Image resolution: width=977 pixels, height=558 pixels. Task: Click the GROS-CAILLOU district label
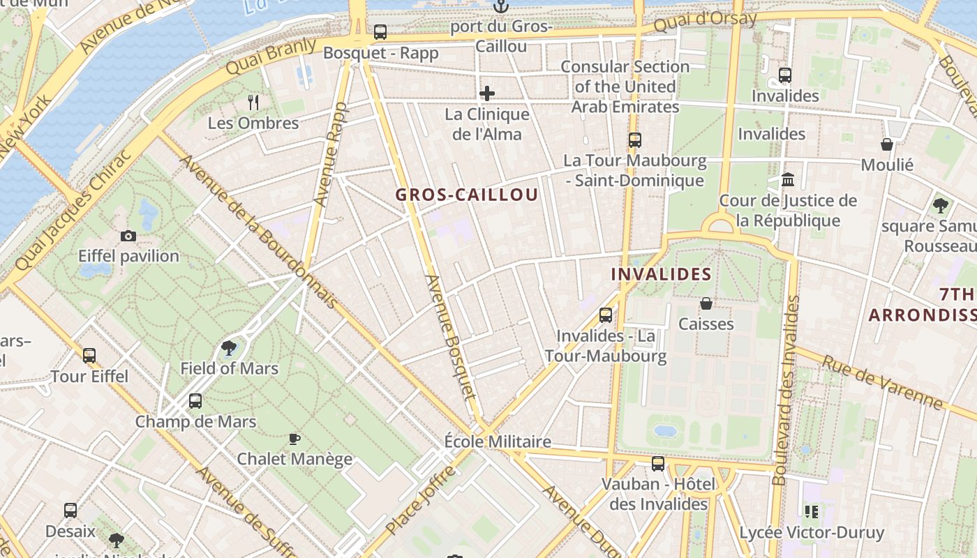[x=467, y=195]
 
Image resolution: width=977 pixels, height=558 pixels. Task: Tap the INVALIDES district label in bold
[x=661, y=274]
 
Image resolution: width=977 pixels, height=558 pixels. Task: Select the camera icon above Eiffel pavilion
[x=128, y=236]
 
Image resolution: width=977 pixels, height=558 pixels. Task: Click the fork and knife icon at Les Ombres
[x=253, y=103]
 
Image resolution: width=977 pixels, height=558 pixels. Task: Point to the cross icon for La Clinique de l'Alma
[x=487, y=93]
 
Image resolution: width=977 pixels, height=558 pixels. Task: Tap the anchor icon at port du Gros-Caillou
[x=500, y=7]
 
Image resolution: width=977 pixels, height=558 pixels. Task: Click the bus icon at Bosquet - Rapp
[x=380, y=31]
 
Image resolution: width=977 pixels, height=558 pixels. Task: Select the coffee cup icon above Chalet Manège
[x=294, y=439]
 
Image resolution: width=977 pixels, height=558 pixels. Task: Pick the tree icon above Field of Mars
[x=228, y=347]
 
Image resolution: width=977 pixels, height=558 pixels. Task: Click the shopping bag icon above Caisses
[x=706, y=303]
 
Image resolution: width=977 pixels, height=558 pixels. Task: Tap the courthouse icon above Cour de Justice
[x=788, y=180]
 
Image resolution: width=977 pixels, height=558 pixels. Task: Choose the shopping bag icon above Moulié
[x=887, y=144]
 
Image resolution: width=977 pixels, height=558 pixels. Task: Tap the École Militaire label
[x=498, y=442]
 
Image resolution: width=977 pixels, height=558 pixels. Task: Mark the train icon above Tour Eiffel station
[x=89, y=356]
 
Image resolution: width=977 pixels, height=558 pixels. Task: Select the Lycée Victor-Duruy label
[x=812, y=534]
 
